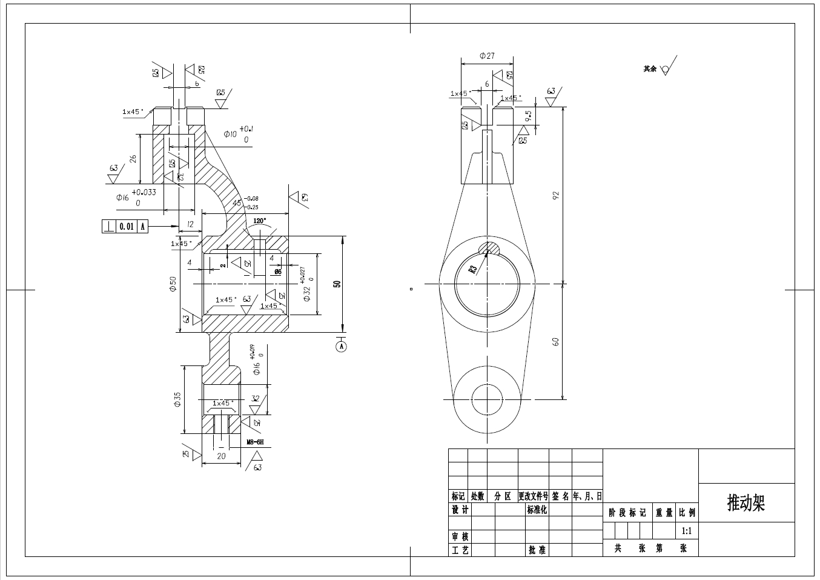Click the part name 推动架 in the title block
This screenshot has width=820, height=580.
(746, 503)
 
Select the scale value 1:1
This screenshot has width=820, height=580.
(687, 532)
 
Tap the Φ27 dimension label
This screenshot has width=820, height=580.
(487, 56)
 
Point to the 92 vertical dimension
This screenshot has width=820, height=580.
(556, 195)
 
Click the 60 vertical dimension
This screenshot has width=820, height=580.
(556, 342)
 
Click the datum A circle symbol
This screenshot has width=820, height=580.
(342, 347)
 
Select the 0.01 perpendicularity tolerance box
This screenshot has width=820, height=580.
(126, 227)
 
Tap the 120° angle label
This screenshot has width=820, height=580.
(260, 221)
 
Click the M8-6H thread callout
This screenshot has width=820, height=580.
(255, 442)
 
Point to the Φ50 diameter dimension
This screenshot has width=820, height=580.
(173, 284)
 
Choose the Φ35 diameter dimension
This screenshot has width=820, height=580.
(177, 399)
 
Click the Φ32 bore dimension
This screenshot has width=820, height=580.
(306, 294)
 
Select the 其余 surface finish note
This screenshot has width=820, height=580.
(650, 69)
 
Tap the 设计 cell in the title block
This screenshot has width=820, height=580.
(460, 510)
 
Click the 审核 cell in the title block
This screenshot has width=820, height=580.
(460, 537)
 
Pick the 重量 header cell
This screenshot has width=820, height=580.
(664, 513)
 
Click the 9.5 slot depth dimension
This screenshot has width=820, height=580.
(529, 116)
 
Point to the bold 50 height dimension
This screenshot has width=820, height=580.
(338, 284)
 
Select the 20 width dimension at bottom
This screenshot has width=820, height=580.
(221, 456)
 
